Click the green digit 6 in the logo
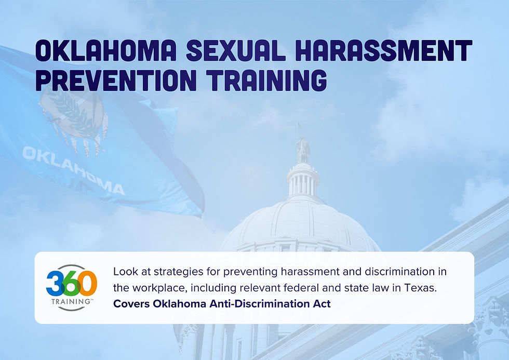point(71,283)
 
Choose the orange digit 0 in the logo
point(87,283)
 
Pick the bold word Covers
point(131,303)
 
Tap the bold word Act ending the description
point(322,303)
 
